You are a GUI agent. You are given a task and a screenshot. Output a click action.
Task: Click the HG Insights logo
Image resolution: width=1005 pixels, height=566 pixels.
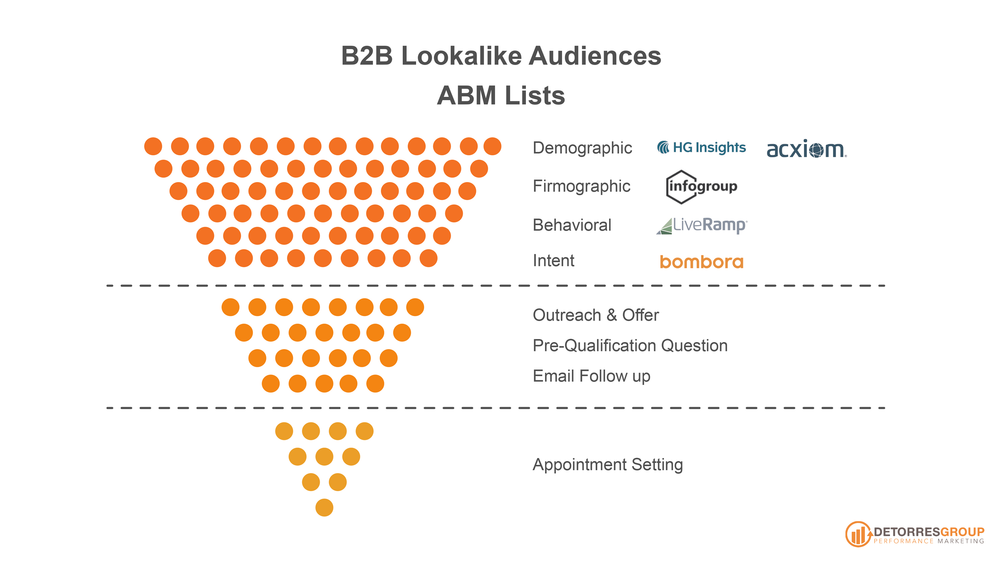point(701,148)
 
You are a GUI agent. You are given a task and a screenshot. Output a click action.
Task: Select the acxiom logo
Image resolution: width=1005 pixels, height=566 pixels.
point(806,150)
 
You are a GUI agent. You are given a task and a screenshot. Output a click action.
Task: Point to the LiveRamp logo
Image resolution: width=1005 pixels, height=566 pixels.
point(701,225)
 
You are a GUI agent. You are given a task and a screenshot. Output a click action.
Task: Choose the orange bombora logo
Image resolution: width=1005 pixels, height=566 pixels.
point(701,262)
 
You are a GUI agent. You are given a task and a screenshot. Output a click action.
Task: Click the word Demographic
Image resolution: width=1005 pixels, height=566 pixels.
point(582,148)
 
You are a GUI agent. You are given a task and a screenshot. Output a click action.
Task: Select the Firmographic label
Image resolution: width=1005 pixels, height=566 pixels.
point(581,186)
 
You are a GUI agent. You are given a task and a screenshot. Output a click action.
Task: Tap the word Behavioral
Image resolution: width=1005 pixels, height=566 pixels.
point(572,225)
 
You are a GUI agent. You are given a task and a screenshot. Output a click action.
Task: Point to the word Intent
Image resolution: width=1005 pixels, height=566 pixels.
point(553,261)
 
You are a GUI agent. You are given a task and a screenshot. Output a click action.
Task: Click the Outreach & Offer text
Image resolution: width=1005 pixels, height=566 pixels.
point(596,315)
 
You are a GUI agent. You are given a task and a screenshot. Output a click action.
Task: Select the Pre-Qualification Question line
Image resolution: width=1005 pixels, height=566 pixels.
point(630,345)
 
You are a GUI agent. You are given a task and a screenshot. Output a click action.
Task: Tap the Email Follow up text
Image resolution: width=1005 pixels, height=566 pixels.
point(592,376)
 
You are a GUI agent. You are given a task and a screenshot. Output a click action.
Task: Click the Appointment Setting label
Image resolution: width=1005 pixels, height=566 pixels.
point(607,464)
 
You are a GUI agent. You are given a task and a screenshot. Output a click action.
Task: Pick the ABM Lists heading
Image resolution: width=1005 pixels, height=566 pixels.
point(501,95)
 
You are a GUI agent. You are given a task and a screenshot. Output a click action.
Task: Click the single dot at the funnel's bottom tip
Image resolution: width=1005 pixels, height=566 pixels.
point(324,507)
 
